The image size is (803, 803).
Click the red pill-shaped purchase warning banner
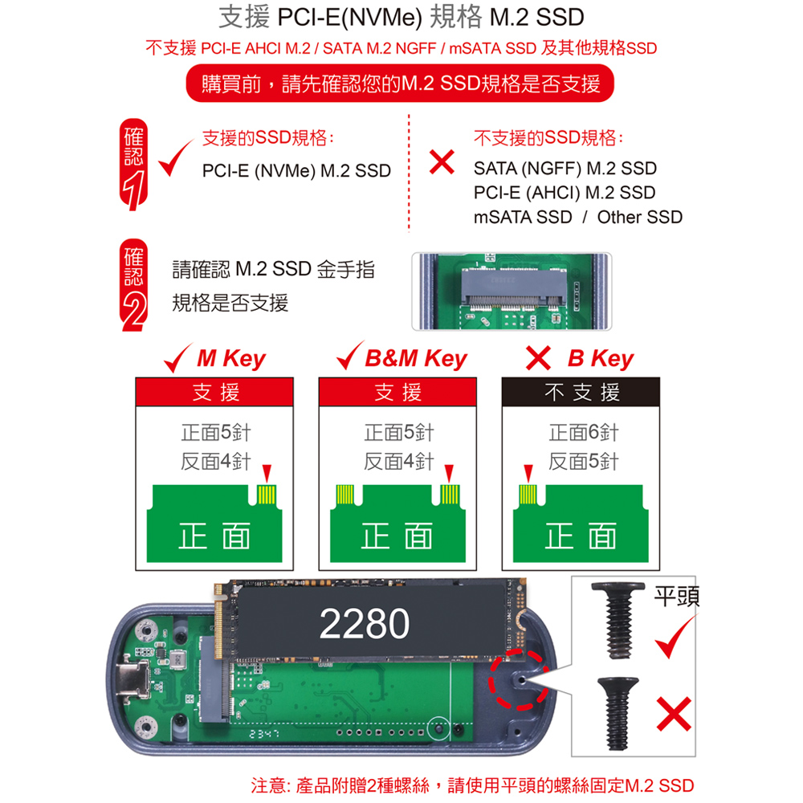pos(399,83)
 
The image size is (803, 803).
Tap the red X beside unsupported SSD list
pos(442,162)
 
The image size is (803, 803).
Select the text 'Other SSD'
pos(640,217)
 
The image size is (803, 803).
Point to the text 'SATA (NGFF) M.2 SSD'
pos(565,169)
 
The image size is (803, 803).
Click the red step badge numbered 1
pos(133,165)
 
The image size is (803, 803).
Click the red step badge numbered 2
pos(133,285)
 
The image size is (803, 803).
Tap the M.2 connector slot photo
pos(512,291)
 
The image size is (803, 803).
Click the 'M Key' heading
pos(231,358)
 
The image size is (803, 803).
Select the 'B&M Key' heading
pos(416,358)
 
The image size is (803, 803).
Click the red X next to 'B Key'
pos(538,357)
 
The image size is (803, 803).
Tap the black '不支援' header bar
pos(581,393)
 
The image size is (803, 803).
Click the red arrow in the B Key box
pos(528,473)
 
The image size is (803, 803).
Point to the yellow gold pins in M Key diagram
pos(267,495)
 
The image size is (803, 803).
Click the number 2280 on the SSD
pos(364,624)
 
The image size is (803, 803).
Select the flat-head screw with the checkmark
pos(618,620)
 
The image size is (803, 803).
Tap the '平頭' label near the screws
pos(676,596)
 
